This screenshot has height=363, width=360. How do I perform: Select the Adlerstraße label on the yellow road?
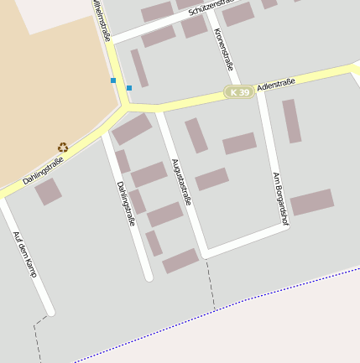pos(278,84)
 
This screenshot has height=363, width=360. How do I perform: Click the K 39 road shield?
pos(239,91)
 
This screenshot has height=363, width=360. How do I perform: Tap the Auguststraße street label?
pos(181,182)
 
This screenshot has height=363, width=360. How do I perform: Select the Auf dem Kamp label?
pos(25,255)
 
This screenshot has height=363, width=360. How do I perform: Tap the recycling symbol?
pos(63,148)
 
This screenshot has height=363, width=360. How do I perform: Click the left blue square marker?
pos(113,80)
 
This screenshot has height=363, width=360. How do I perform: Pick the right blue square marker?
pos(129,87)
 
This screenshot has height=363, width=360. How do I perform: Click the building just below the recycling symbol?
pos(48,191)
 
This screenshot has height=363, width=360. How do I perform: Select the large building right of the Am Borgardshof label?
pos(312,202)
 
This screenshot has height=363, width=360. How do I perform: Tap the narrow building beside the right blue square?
pos(139,68)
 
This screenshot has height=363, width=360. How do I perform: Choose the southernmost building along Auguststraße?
pos(180,262)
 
